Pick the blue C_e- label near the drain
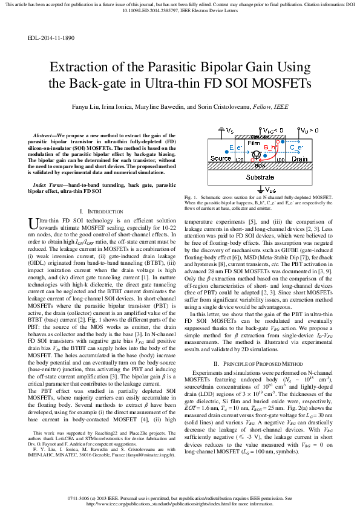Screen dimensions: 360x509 [296, 147]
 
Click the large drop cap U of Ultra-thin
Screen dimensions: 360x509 [34, 225]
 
